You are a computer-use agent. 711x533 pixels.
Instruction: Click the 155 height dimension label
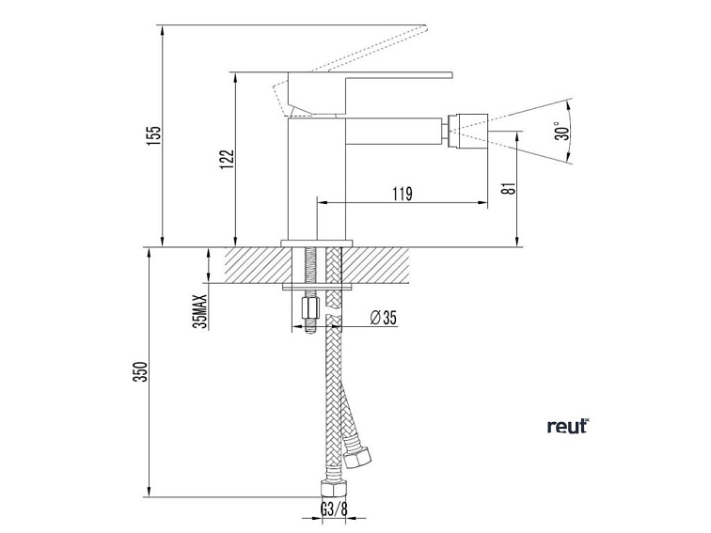point(153,135)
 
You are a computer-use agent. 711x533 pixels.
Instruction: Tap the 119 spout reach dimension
point(403,194)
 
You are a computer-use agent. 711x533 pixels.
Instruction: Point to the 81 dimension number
point(511,188)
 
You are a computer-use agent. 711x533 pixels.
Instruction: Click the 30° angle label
point(562,131)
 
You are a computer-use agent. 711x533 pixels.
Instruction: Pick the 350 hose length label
point(142,371)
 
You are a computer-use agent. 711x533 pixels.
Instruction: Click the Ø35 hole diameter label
point(383,318)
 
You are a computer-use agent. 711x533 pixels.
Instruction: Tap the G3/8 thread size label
point(333,509)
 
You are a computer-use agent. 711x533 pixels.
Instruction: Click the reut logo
point(568,426)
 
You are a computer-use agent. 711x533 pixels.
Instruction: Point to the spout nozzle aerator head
point(467,131)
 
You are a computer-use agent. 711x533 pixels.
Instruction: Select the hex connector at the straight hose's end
point(333,490)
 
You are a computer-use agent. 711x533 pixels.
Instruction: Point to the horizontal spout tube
point(394,131)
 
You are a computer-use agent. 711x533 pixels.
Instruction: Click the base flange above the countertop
point(317,243)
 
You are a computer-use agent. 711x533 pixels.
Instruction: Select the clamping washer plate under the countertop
point(317,287)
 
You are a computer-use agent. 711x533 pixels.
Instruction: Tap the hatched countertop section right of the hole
point(375,266)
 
